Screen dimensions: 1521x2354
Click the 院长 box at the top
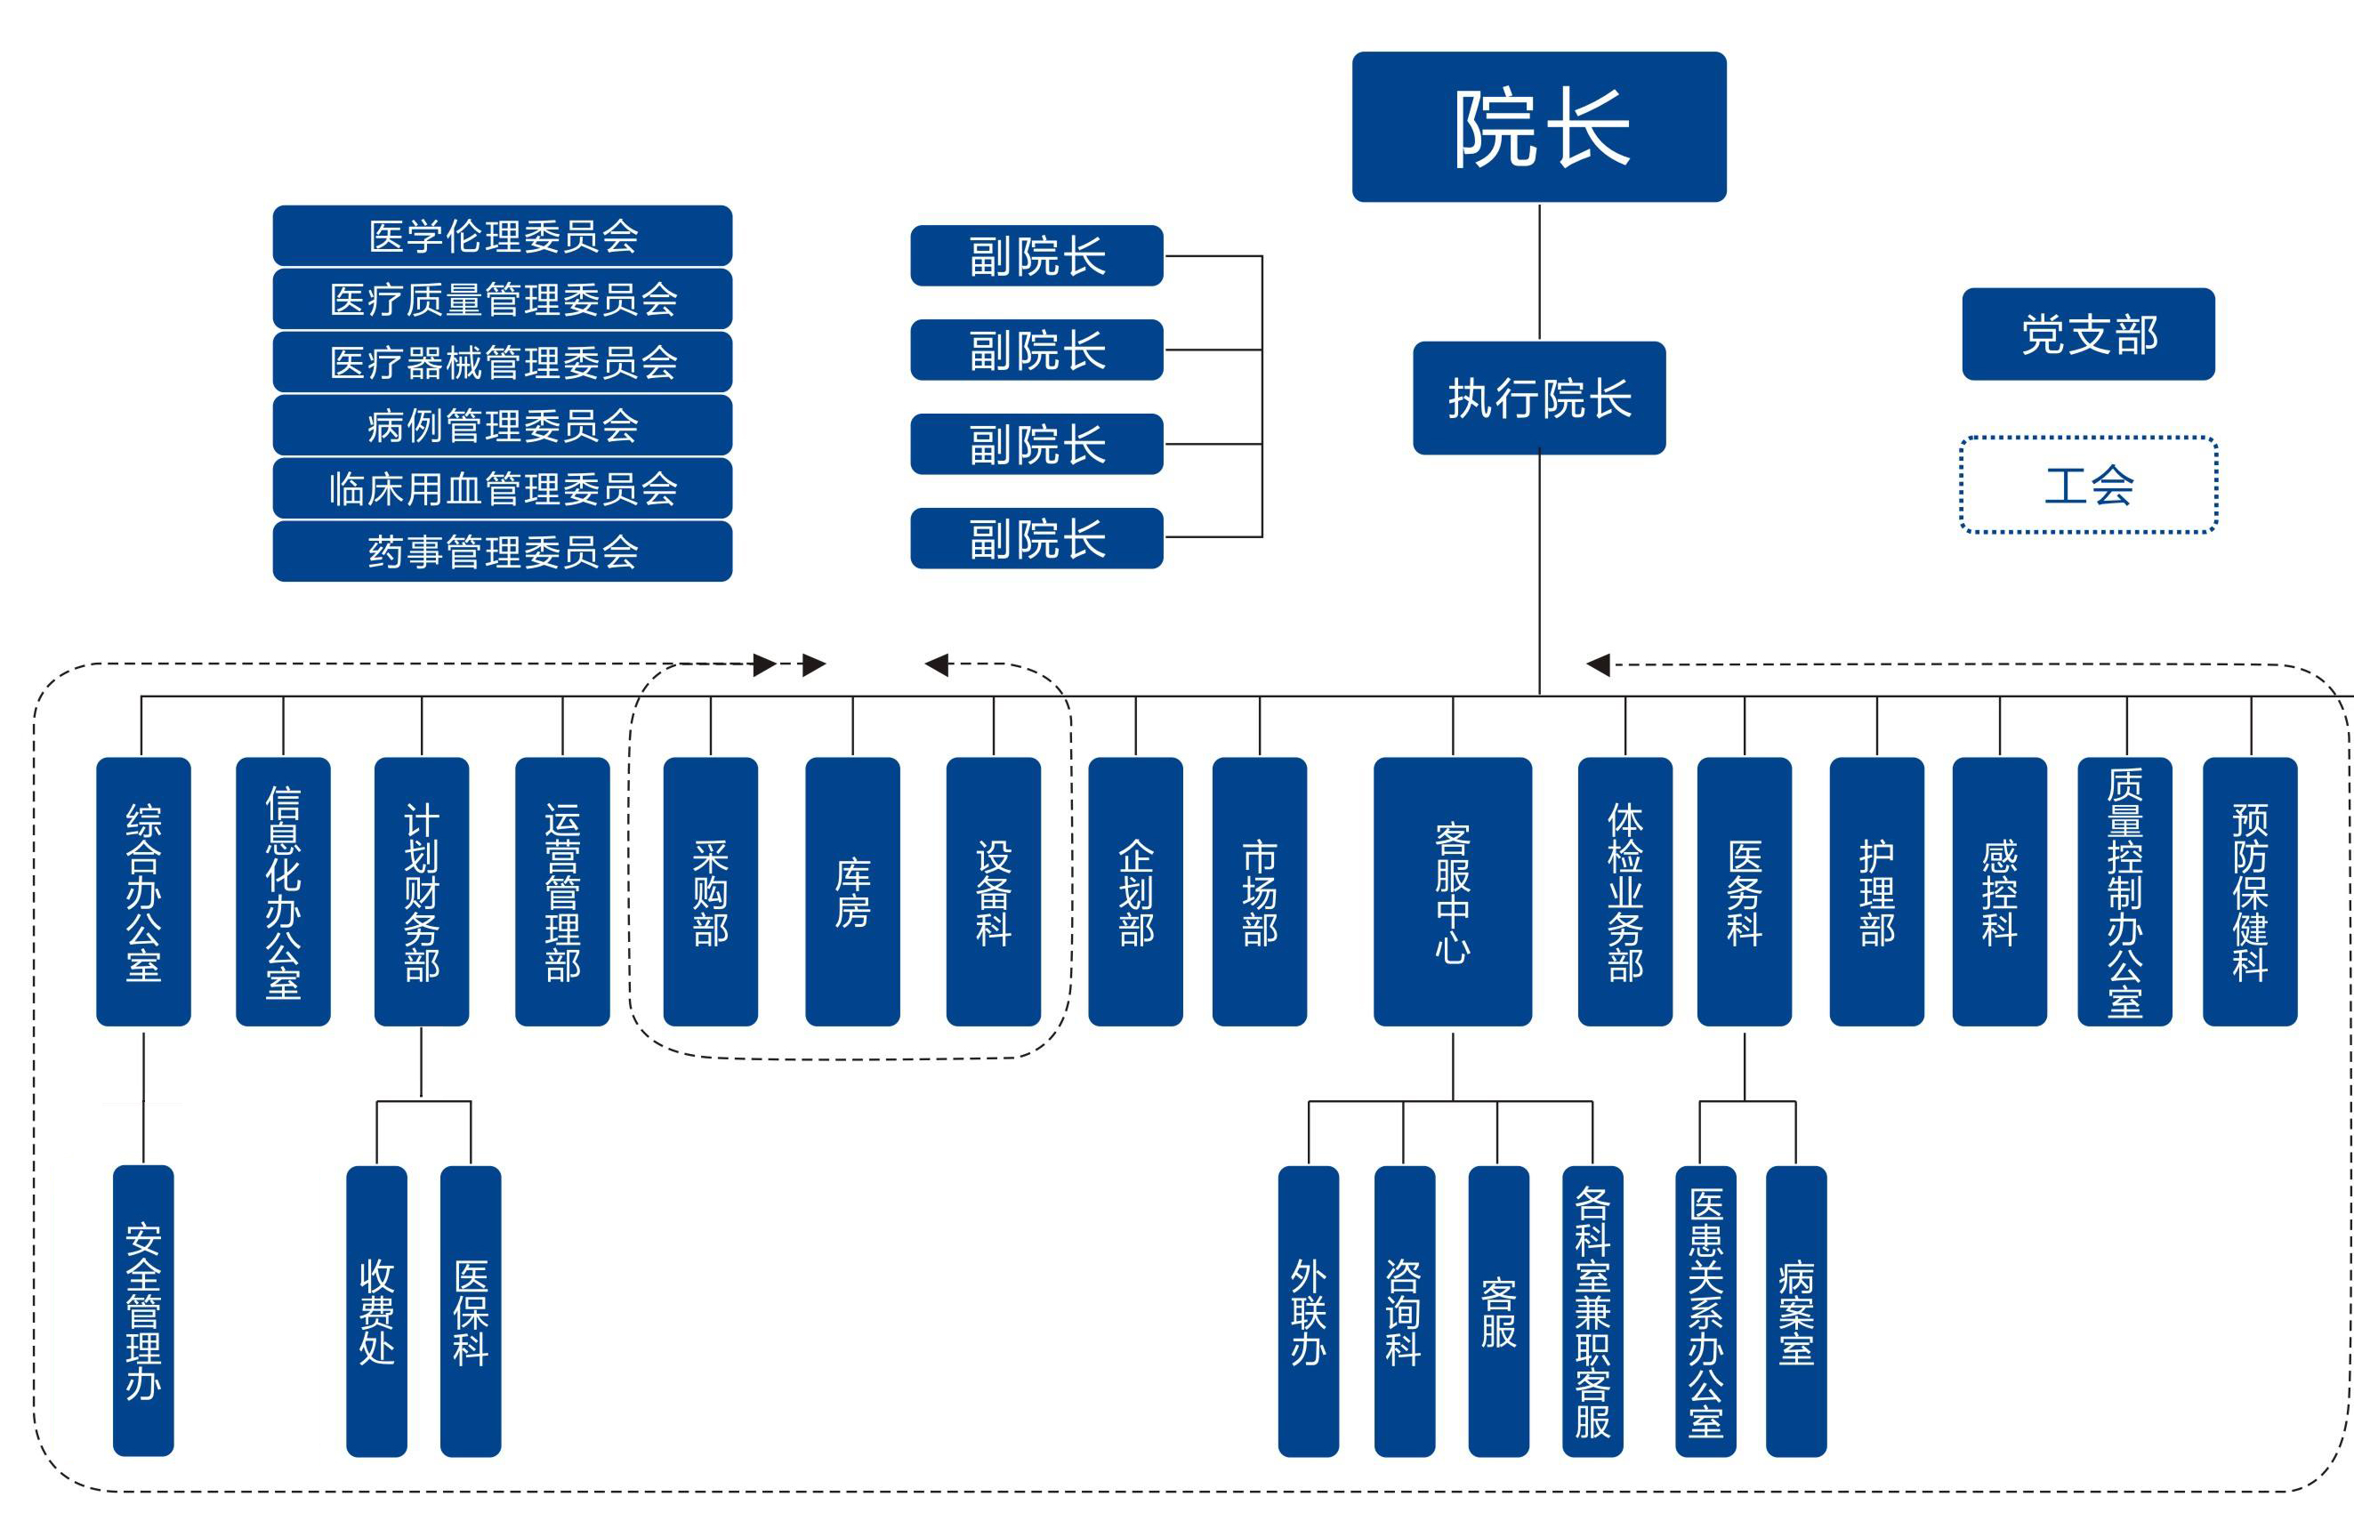(x=1538, y=126)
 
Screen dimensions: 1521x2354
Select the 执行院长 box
(x=1538, y=398)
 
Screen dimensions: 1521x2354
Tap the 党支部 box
(x=2087, y=334)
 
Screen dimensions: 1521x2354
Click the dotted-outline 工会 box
(x=2087, y=485)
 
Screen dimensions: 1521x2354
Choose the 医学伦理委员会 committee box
(x=502, y=236)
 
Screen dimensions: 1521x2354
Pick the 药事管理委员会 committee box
(x=502, y=551)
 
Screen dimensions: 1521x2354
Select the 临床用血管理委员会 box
(x=502, y=488)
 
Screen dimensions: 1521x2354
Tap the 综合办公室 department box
(x=143, y=891)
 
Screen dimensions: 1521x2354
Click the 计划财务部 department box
(x=422, y=891)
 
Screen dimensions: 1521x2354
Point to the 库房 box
(x=852, y=891)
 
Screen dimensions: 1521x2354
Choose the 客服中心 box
(x=1452, y=891)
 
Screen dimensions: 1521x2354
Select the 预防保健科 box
(x=2249, y=891)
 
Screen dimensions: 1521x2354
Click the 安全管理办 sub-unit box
(x=143, y=1309)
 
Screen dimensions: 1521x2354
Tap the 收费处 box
(x=376, y=1309)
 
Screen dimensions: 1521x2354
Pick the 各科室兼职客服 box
(x=1592, y=1309)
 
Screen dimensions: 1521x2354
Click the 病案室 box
(x=1795, y=1309)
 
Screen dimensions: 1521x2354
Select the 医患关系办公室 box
(x=1705, y=1309)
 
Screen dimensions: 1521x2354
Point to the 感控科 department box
(x=1999, y=891)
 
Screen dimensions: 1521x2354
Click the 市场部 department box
(x=1260, y=891)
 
